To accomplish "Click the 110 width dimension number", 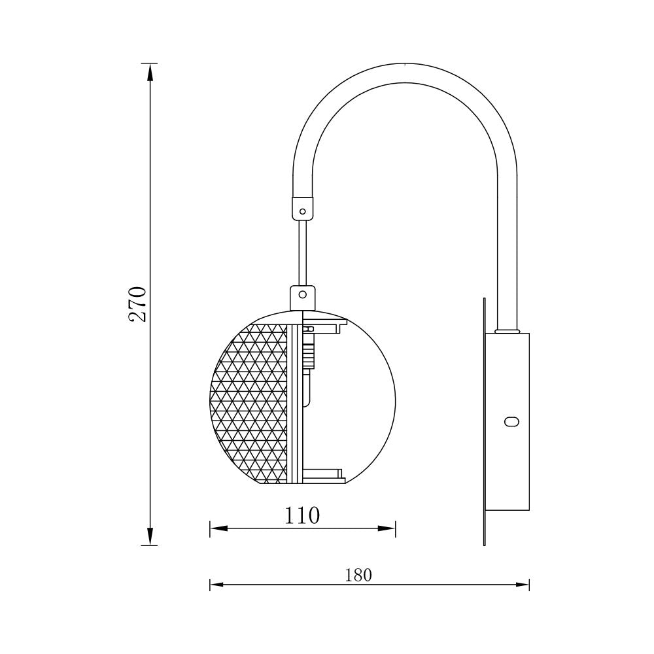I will (302, 516).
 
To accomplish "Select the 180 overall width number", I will (358, 575).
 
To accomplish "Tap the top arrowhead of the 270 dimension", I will (150, 71).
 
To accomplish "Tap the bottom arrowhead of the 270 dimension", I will (150, 538).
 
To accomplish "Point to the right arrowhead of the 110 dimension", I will (390, 528).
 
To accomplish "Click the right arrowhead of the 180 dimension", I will (524, 584).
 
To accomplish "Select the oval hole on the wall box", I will (512, 422).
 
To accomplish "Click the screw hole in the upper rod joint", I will (302, 211).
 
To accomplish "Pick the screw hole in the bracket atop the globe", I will (302, 294).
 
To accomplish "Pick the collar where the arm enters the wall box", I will (507, 331).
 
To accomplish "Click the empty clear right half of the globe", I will (366, 405).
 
